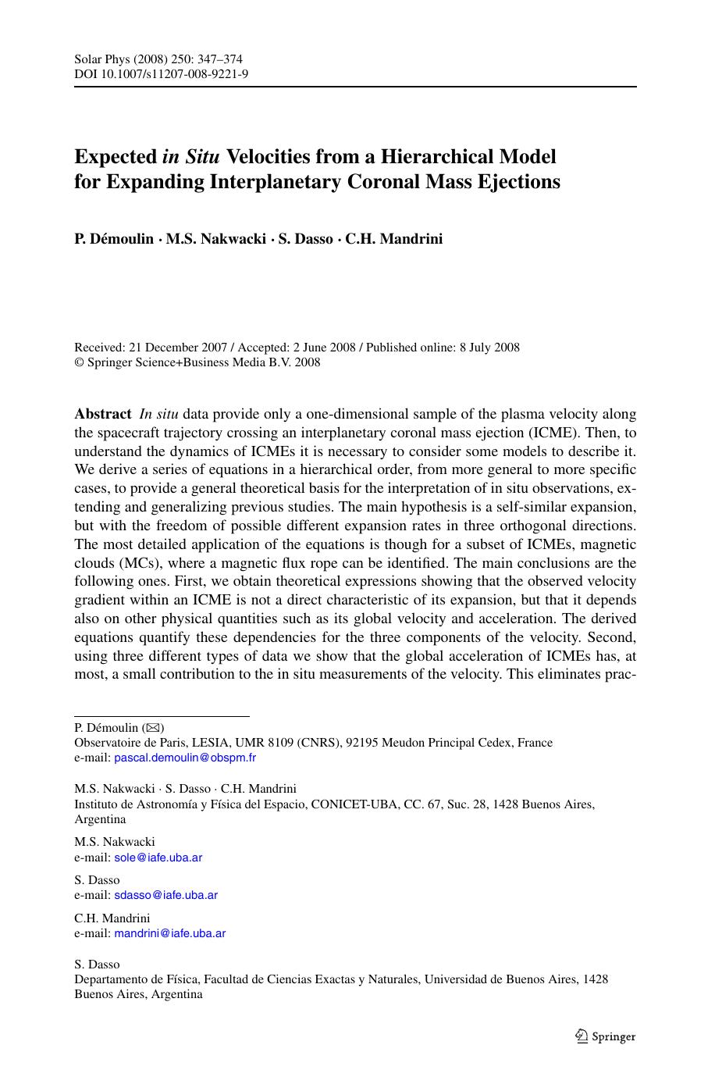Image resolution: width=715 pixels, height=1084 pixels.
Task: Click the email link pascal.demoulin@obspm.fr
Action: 185,758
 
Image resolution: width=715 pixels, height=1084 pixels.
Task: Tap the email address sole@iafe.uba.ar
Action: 158,858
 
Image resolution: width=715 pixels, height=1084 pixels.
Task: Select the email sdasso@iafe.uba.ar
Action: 165,895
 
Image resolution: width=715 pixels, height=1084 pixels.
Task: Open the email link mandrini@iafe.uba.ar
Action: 169,933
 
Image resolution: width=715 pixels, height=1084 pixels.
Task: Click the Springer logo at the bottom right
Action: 606,1036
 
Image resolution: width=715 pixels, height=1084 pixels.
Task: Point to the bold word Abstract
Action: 103,414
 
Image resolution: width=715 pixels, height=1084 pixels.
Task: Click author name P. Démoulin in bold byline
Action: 114,239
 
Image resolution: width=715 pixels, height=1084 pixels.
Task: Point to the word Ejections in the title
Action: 520,182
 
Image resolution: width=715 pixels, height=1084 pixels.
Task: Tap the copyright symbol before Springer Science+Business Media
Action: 79,362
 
